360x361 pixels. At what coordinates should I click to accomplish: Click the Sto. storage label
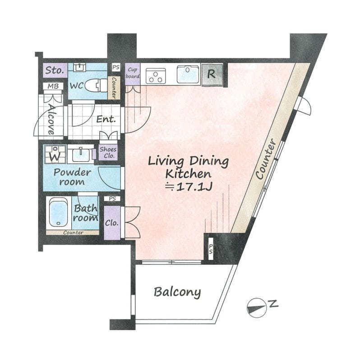coord(55,70)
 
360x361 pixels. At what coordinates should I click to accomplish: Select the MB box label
coord(53,86)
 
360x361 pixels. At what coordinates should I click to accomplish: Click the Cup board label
coord(133,73)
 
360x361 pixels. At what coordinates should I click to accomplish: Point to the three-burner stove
coord(156,76)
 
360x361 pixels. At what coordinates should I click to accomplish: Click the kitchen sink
coord(188,74)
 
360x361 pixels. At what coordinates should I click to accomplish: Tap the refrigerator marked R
coord(212,74)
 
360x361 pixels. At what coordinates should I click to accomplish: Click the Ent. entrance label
coord(106,119)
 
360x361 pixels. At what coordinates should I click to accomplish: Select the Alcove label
coord(51,119)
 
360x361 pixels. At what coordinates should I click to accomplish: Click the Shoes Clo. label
coord(108,153)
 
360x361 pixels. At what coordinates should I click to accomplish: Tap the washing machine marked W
coord(55,154)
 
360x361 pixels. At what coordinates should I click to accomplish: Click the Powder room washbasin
coord(81,155)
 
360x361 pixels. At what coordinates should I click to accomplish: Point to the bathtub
coord(59,212)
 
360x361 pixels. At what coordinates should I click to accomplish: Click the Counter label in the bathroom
coord(73,232)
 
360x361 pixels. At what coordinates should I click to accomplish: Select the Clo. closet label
coord(111,223)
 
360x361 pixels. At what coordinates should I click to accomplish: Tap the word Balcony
coord(177,292)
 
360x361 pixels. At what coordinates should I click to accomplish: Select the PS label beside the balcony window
coord(211,249)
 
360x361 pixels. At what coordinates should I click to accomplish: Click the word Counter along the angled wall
coord(266,159)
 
